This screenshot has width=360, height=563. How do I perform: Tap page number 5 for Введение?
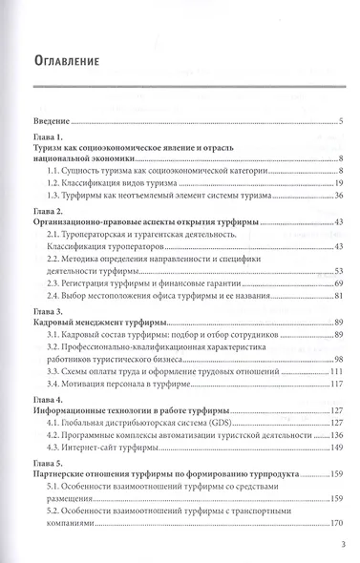(x=341, y=122)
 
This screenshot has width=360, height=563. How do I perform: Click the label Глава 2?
(x=48, y=210)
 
